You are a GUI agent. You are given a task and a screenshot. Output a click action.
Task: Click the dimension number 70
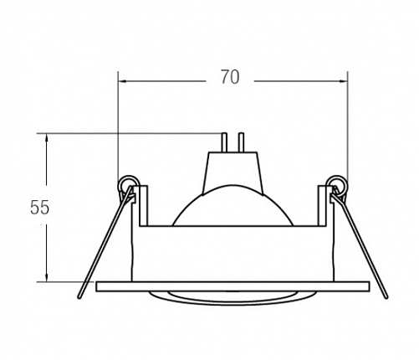tap(230, 77)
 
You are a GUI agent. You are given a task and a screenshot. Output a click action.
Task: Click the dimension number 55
tap(39, 208)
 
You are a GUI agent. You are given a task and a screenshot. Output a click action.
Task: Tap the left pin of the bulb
tap(224, 142)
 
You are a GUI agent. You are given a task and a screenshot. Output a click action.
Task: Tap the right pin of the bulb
tap(242, 142)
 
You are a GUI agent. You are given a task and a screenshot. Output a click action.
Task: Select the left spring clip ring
tap(127, 183)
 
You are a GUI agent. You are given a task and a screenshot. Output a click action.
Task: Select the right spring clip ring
tap(338, 183)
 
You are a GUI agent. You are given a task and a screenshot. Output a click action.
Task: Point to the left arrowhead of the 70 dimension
tap(123, 81)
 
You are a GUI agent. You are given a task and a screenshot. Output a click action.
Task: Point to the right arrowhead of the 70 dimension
tap(343, 81)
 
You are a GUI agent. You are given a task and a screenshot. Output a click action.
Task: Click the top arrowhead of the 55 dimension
tap(47, 139)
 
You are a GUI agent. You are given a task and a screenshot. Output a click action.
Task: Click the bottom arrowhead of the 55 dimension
tap(47, 277)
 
